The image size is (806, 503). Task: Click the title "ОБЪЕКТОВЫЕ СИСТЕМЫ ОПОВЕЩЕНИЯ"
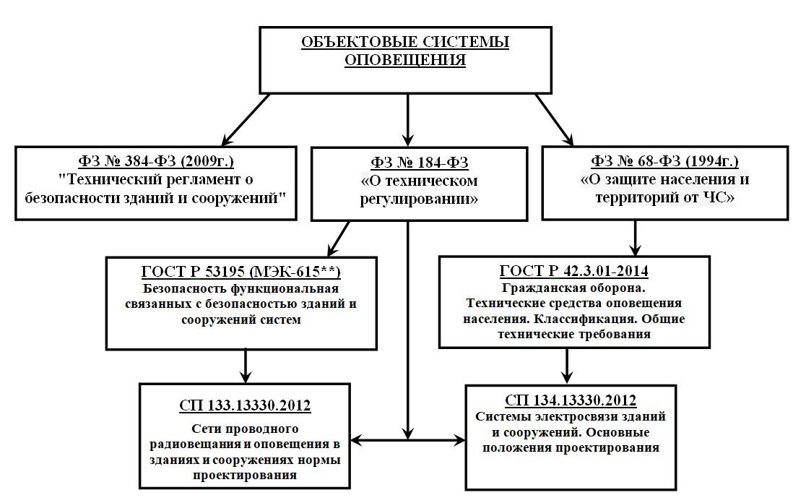pos(405,51)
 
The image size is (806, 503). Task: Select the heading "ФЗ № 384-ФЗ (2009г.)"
pos(156,161)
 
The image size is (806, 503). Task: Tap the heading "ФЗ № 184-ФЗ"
pos(420,163)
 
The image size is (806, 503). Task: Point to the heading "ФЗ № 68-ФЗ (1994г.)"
pos(664,161)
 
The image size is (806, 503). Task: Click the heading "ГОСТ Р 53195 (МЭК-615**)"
pos(241,271)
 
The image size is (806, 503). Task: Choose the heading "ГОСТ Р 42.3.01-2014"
pos(573,270)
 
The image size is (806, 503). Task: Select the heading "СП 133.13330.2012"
pos(245,405)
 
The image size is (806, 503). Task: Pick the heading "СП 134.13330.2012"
pos(571,400)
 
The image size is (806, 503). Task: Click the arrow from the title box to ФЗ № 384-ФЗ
pos(246,120)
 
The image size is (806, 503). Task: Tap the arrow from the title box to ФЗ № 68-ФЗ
pos(555,120)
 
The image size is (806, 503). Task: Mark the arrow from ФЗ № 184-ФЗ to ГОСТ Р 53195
pos(338,238)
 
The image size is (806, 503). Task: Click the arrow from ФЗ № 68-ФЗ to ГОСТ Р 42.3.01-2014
pos(636,238)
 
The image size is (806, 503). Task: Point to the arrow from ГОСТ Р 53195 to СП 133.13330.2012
pos(246,366)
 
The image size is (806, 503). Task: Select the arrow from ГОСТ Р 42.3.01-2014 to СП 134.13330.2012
pos(567,366)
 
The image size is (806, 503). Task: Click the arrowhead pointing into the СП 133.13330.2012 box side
pos(357,440)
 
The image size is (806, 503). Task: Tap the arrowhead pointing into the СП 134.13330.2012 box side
pos(459,440)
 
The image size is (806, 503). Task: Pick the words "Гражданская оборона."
pos(573,288)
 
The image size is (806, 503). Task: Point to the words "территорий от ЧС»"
pos(664,197)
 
